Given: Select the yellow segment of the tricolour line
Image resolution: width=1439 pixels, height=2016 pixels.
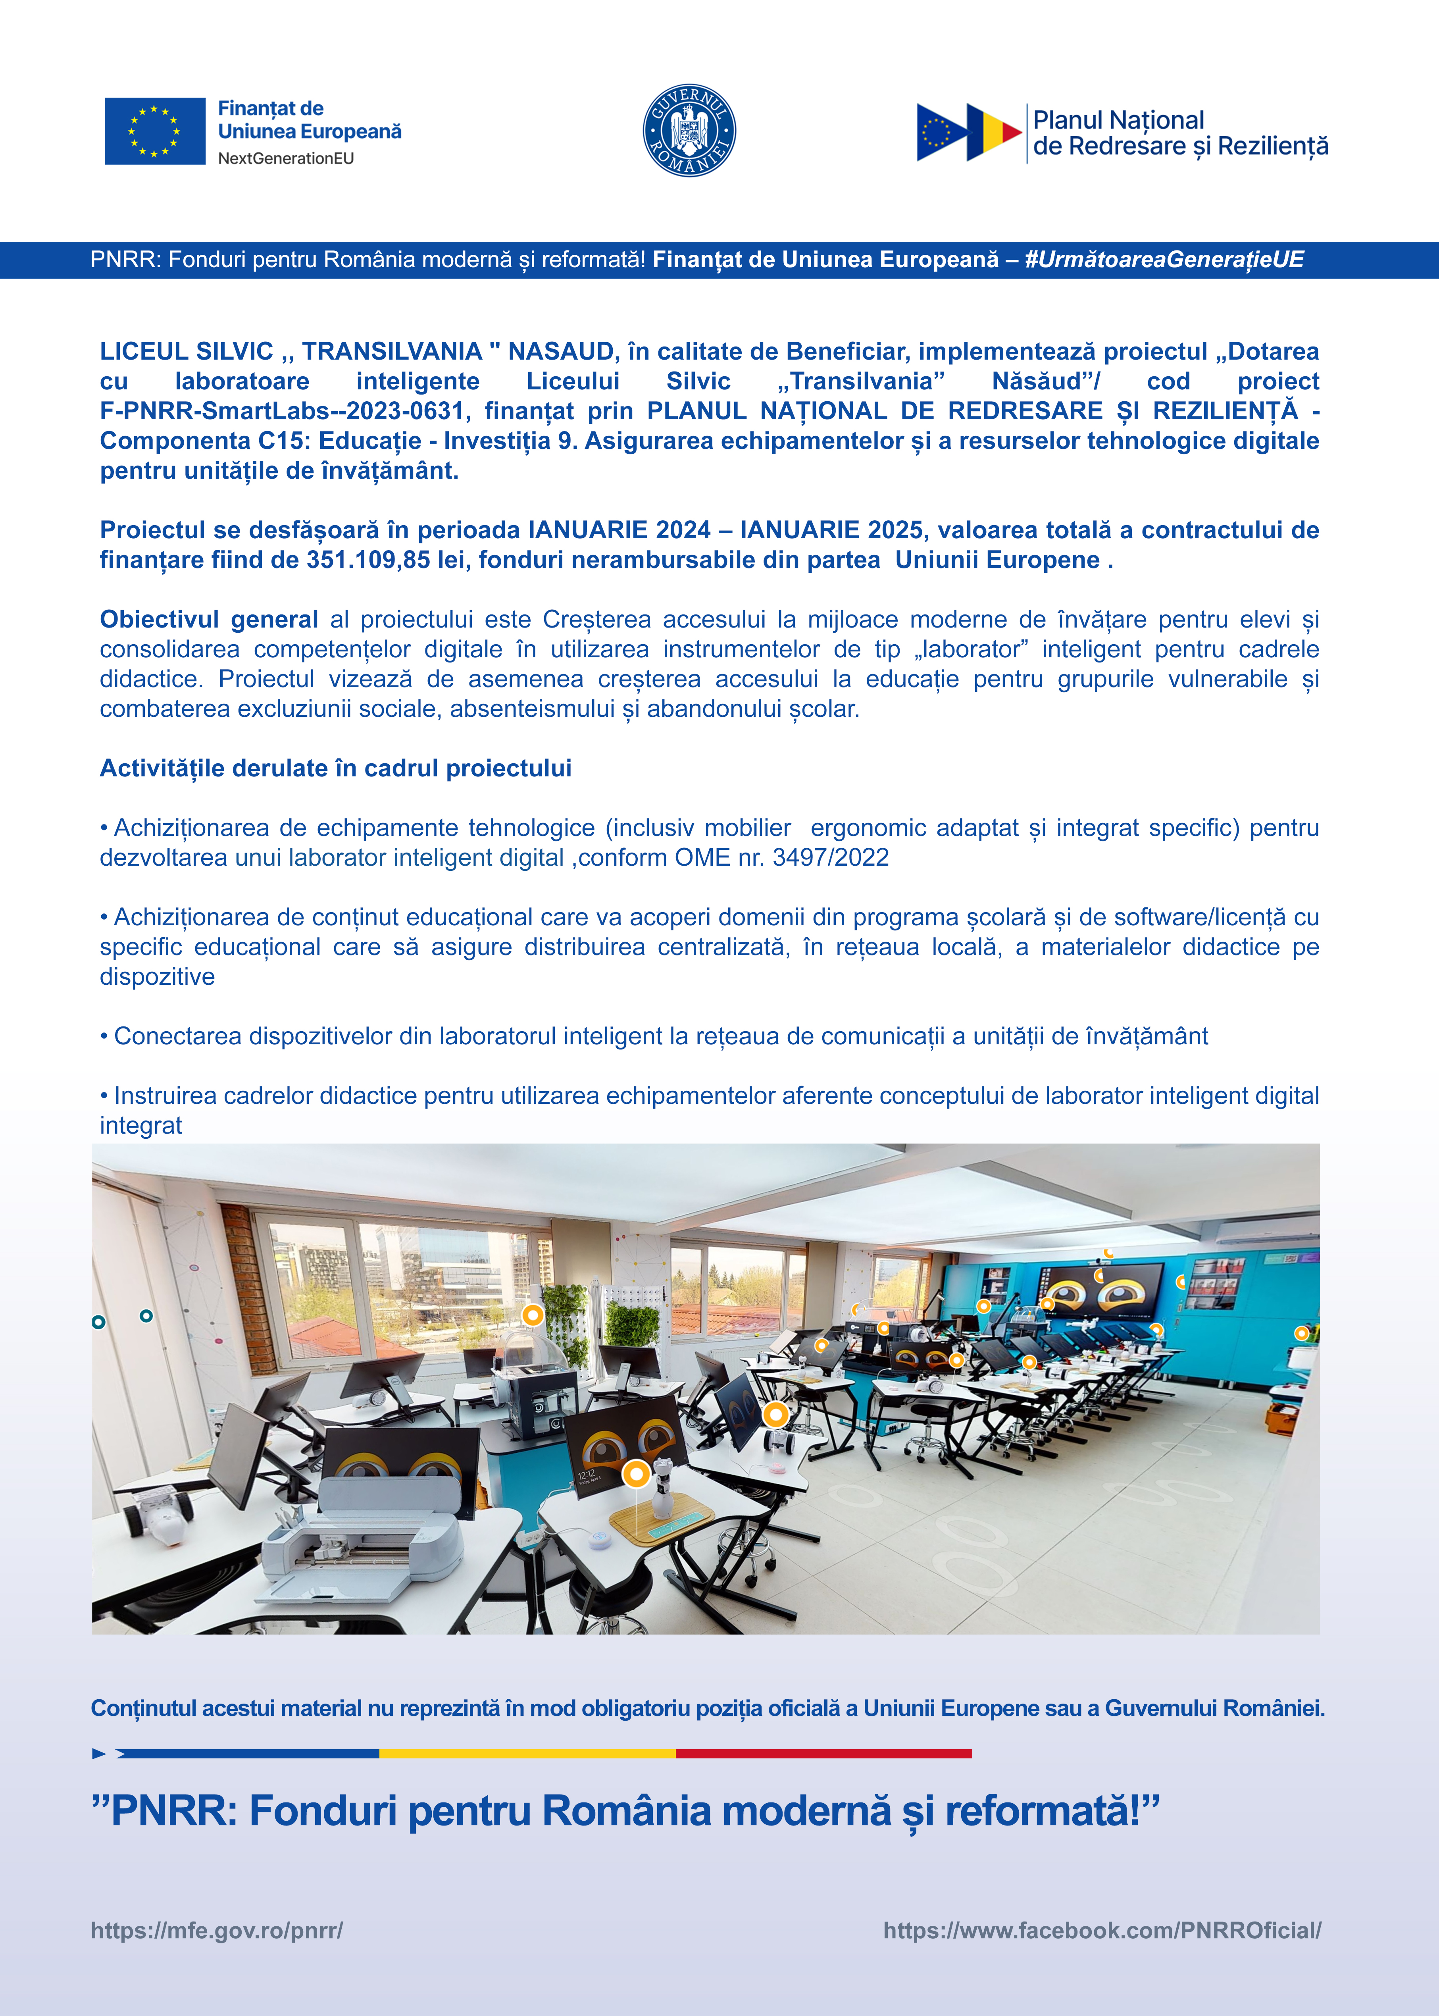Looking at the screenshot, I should (x=527, y=1753).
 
